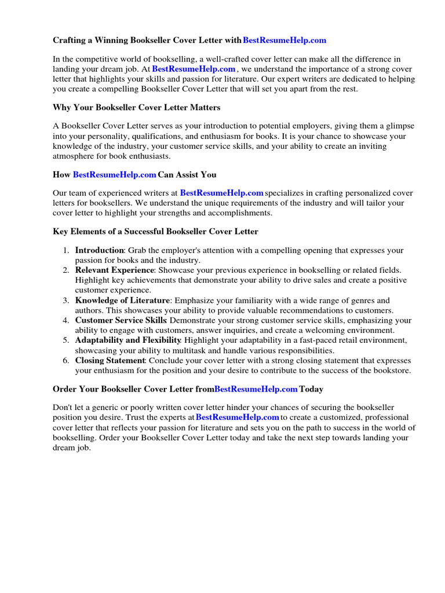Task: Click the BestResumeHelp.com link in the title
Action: point(284,40)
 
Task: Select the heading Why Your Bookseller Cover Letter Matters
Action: point(137,108)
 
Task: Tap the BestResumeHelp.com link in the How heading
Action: point(115,174)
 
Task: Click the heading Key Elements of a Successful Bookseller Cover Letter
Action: point(155,232)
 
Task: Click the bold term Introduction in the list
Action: point(99,250)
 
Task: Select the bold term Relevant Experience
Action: point(115,270)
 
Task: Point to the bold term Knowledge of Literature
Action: point(123,301)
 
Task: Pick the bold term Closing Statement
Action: point(110,360)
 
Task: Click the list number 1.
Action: point(64,251)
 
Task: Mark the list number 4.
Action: point(64,321)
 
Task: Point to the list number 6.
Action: point(64,361)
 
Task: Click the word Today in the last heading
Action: point(312,389)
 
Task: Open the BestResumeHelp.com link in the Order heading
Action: point(256,389)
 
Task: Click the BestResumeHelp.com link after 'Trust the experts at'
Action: point(238,417)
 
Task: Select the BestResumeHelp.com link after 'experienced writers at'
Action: point(222,192)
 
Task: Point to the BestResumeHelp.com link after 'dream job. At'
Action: point(194,68)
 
